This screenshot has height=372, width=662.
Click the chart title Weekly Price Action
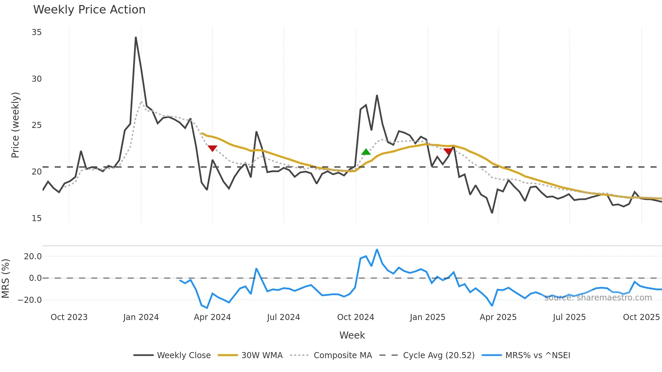point(89,10)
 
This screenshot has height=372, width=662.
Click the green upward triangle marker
point(366,152)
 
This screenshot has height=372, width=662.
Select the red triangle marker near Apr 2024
point(212,149)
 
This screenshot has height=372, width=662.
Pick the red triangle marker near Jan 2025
point(448,151)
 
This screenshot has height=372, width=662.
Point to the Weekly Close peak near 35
point(136,37)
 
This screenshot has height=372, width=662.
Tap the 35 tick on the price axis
point(36,32)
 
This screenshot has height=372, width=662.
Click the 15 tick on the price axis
point(36,218)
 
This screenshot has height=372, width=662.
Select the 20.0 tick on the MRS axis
point(33,257)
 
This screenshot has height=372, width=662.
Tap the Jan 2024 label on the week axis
point(141,317)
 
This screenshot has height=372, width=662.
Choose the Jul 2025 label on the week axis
point(569,317)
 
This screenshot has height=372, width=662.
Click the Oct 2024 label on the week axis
point(355,317)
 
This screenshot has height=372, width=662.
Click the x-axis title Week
point(352,335)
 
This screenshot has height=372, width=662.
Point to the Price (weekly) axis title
point(16,125)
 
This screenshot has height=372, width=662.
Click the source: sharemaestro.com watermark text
point(598,298)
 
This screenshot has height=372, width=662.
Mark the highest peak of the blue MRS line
point(377,250)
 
